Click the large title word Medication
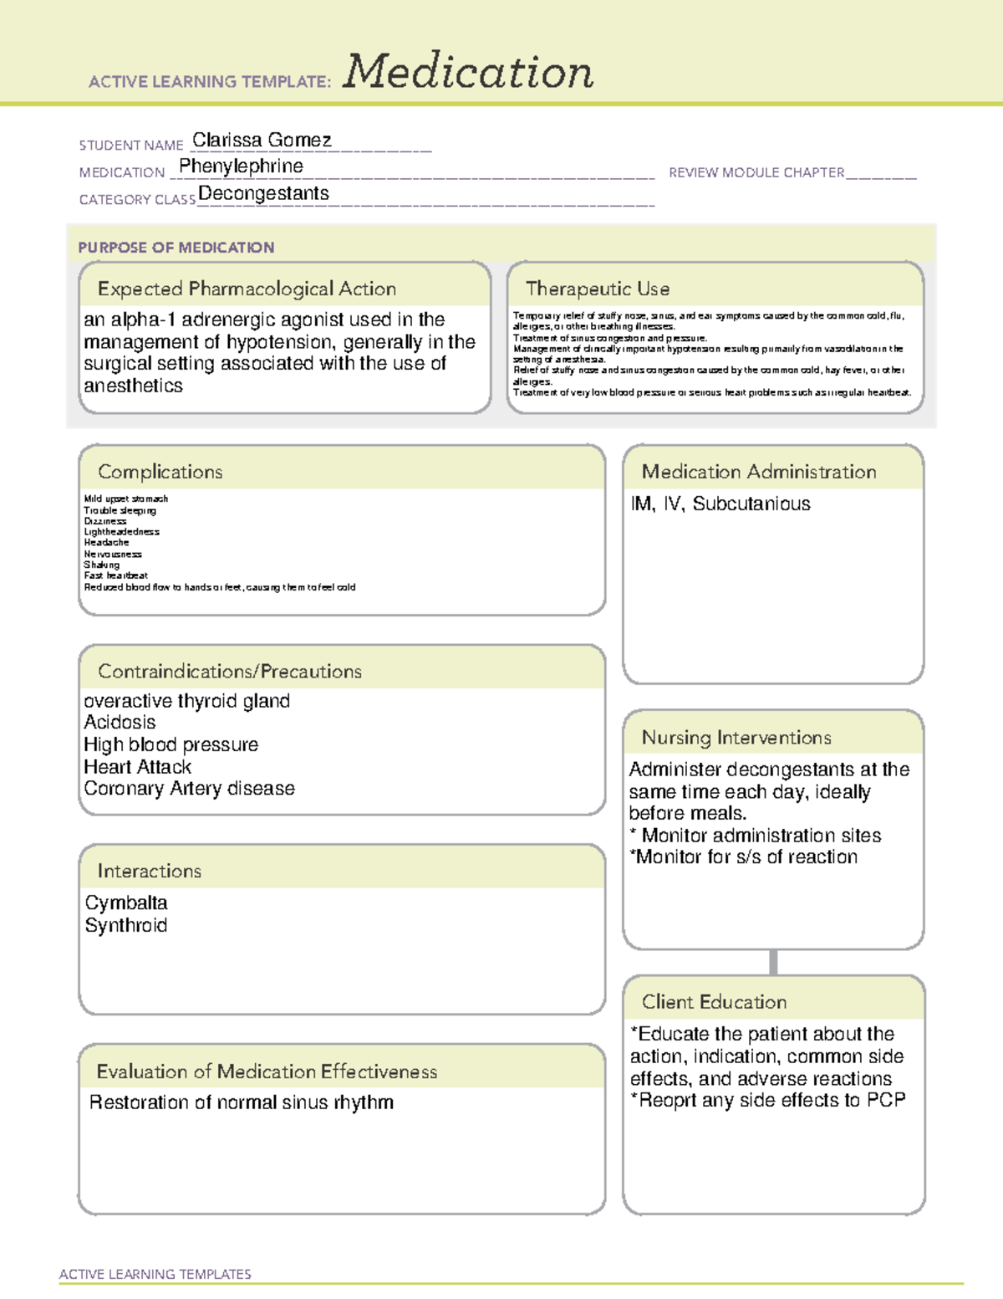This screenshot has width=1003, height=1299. (468, 72)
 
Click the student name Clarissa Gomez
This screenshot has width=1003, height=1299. (262, 141)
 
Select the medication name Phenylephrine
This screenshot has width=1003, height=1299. (241, 166)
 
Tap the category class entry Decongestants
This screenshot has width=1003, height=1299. (263, 194)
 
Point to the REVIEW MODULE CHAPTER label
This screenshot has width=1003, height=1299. (756, 172)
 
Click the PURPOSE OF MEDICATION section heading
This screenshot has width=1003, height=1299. (176, 248)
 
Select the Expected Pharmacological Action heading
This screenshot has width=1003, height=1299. (247, 289)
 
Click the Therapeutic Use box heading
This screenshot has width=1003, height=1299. (597, 289)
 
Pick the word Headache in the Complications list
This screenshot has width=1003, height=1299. (106, 543)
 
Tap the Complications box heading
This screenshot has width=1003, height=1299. (160, 472)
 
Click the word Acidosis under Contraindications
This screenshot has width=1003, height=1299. (120, 723)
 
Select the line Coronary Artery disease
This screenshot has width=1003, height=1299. (189, 789)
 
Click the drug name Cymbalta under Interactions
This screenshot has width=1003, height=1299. (126, 903)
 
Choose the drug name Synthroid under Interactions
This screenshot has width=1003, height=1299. (126, 926)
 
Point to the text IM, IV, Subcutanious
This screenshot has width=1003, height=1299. (720, 504)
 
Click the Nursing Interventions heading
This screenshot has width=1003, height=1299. (736, 738)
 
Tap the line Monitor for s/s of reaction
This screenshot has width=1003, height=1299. (744, 857)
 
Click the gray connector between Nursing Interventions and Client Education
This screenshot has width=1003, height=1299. (773, 962)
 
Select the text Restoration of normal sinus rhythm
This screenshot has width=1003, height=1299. (241, 1102)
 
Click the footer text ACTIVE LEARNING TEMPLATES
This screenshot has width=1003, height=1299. (155, 1274)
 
